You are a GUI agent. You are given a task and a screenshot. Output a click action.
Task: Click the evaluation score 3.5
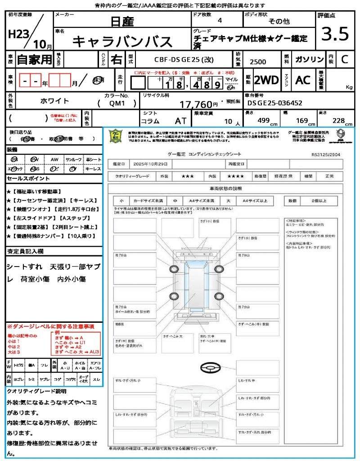[335, 34]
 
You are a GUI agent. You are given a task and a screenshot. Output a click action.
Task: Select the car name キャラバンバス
[122, 41]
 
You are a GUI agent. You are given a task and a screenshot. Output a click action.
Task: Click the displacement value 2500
[258, 62]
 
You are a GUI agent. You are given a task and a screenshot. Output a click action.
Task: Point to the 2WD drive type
[266, 81]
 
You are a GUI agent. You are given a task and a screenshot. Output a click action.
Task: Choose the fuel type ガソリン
[309, 60]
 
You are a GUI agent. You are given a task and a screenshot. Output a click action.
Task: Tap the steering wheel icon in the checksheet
[210, 368]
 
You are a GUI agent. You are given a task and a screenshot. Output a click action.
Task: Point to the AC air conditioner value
[303, 81]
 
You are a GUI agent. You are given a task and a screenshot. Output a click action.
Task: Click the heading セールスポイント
[25, 179]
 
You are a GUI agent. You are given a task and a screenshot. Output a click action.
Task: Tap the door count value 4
[219, 21]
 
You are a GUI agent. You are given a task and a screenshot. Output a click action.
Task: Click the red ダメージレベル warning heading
[50, 326]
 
